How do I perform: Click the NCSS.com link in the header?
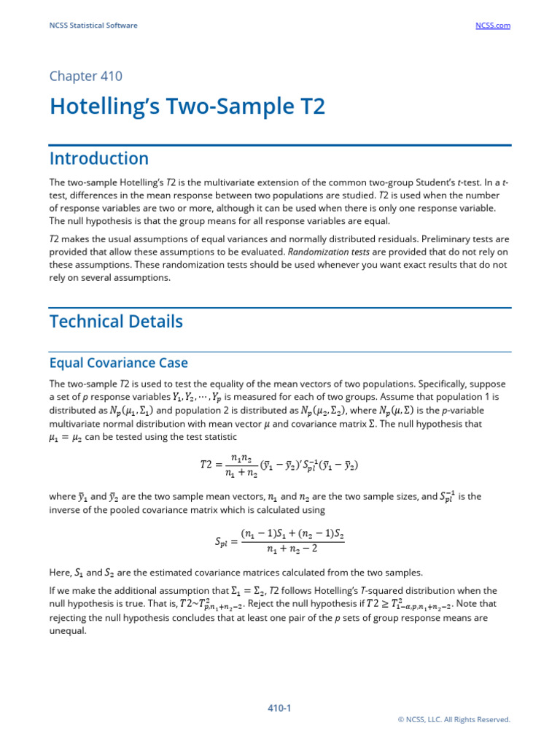coord(493,26)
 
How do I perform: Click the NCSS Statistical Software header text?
coord(93,26)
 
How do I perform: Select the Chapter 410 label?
coord(85,77)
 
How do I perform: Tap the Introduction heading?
coord(98,159)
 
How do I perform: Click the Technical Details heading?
coord(116,322)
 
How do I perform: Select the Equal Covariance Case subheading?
coord(118,363)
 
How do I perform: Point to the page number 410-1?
coord(280,708)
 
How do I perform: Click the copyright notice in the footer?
coord(454,719)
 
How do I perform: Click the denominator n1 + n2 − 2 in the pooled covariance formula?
coord(292,549)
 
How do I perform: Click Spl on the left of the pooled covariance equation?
coord(222,541)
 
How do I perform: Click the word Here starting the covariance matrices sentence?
coord(61,573)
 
